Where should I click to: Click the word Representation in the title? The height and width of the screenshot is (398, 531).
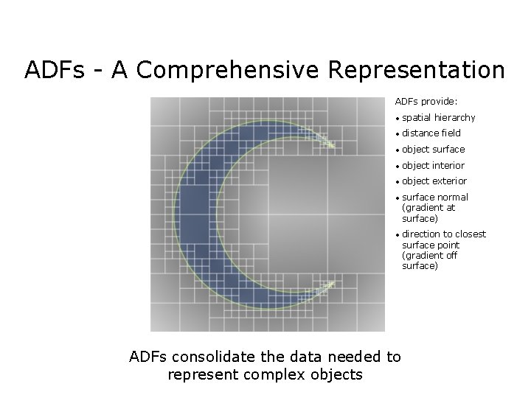coord(417,70)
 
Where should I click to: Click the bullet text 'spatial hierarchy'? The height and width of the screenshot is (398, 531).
coord(439,117)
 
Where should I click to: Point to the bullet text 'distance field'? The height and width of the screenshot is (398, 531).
coord(431,133)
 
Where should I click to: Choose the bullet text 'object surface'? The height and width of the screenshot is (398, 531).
coord(434,150)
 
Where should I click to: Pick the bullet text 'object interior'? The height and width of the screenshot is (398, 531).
coord(434,166)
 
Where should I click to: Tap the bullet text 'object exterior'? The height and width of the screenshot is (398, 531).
coord(434,181)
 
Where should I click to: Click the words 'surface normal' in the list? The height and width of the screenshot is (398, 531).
coord(435,198)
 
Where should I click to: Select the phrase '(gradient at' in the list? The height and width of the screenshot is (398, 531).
coord(428,208)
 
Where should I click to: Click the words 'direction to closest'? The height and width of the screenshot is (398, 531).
coord(444,234)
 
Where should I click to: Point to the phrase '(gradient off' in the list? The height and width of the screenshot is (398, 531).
coord(430,255)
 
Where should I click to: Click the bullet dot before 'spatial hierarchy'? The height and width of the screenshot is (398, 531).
coord(397,119)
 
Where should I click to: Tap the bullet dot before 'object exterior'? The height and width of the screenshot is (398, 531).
coord(397,182)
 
